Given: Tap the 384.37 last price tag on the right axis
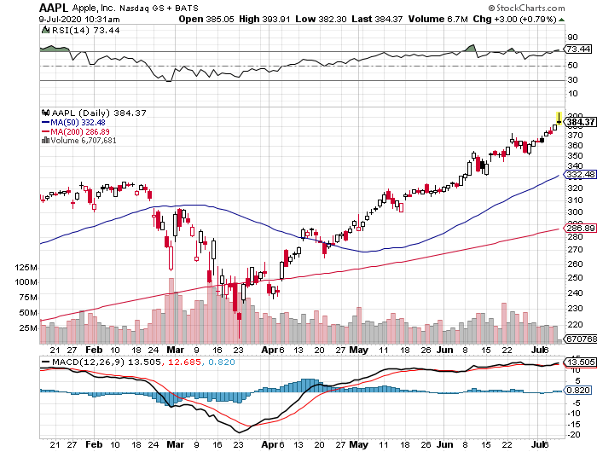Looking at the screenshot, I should [x=580, y=123].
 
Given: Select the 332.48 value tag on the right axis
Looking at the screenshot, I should [x=580, y=175].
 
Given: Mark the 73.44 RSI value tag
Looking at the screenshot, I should [x=579, y=50].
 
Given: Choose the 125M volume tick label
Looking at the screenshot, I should [x=26, y=267].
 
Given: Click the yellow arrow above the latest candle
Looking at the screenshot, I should [x=558, y=117].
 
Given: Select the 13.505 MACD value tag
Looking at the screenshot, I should [x=580, y=362].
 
